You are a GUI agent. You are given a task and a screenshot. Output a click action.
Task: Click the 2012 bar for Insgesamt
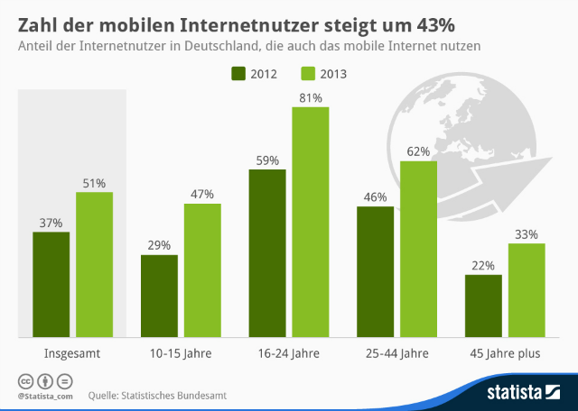click(51, 283)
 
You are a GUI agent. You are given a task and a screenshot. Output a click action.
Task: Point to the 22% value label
click(483, 266)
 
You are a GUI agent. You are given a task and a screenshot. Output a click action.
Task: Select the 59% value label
click(267, 160)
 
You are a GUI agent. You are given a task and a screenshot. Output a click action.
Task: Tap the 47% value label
click(202, 194)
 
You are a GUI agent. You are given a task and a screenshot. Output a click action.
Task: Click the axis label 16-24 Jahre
click(288, 354)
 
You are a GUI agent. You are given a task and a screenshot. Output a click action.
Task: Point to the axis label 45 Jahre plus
click(505, 354)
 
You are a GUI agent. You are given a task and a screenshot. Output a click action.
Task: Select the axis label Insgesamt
click(72, 354)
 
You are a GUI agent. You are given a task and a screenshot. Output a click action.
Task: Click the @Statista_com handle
click(43, 396)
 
